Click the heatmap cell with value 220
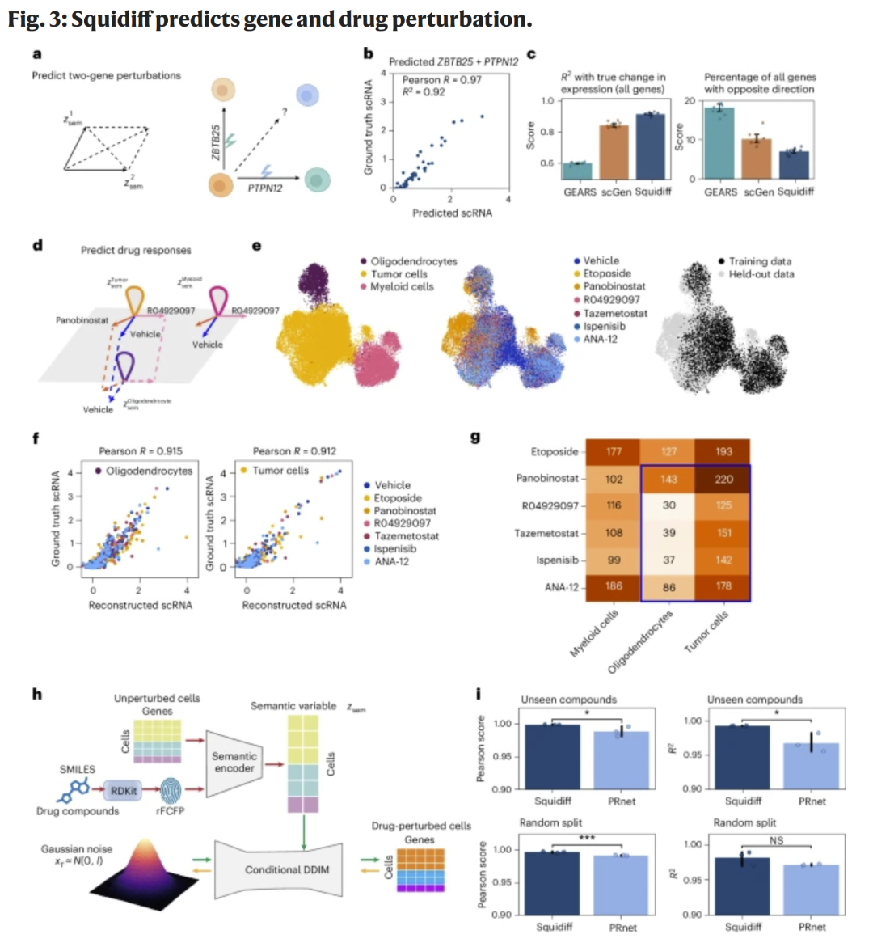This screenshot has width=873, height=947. point(723,479)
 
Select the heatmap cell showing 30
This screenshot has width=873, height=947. point(668,505)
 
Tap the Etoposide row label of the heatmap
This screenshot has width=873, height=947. point(555,451)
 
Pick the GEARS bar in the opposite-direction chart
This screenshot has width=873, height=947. point(719,143)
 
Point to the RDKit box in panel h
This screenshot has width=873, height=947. point(124,790)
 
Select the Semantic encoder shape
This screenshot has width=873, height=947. point(234,762)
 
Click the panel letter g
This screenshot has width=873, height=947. point(475,438)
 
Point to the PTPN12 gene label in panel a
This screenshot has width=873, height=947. point(265,188)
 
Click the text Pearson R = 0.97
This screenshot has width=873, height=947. point(441,79)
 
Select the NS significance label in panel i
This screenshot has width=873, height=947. point(776,841)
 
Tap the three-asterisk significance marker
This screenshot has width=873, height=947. point(588,838)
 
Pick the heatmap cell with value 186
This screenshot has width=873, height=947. point(614,586)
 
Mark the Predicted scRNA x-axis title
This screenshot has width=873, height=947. point(452,213)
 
